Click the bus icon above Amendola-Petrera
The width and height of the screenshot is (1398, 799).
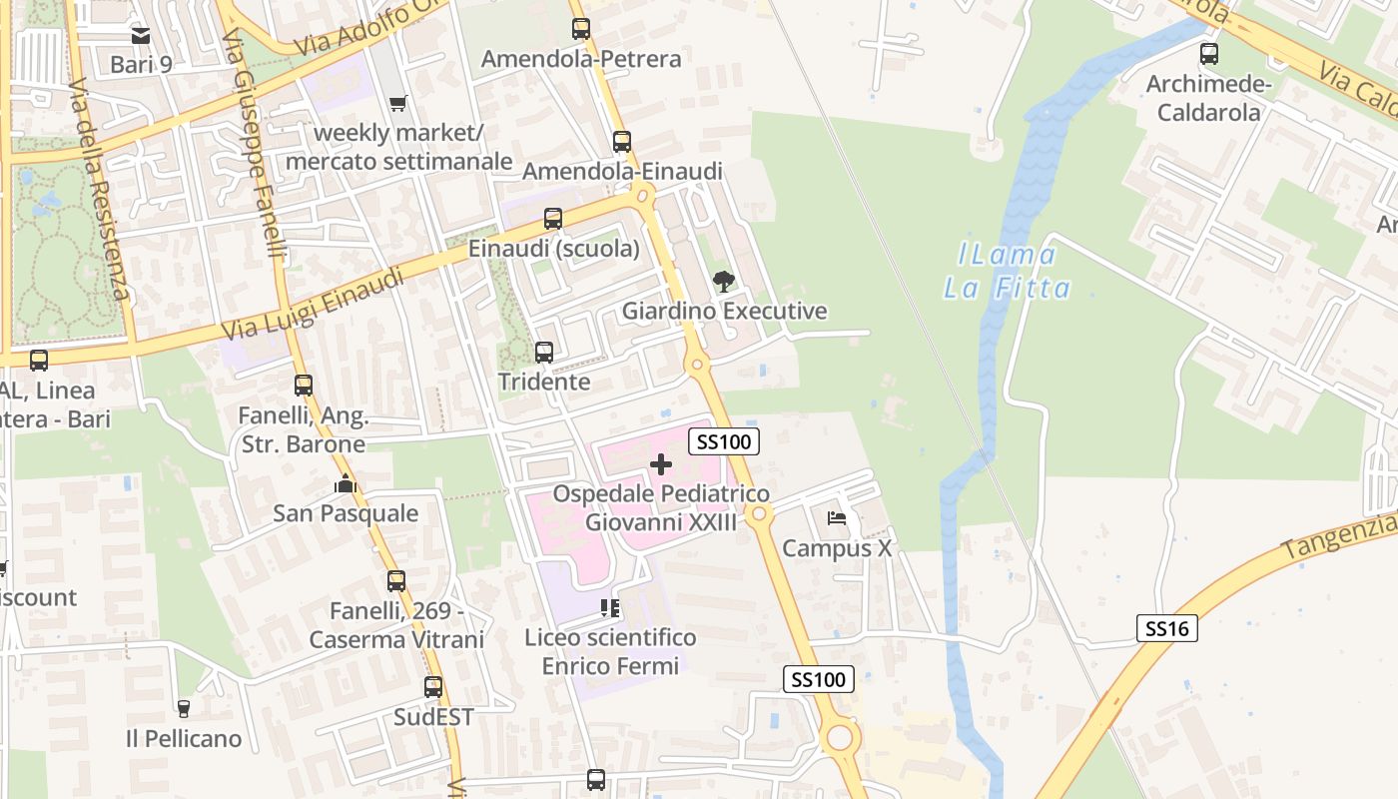tap(581, 29)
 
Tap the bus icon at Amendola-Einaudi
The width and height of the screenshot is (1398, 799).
tap(622, 142)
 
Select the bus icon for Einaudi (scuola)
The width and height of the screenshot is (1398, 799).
tap(553, 219)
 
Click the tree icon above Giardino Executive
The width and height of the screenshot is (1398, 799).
tap(724, 282)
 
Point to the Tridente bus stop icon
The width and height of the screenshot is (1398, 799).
tap(544, 353)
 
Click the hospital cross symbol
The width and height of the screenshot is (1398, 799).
tap(661, 464)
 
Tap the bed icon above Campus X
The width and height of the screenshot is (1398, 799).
tap(837, 518)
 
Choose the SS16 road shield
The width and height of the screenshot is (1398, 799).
tap(1166, 628)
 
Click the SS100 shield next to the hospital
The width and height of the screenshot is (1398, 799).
tap(727, 441)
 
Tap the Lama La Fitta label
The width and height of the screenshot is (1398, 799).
tap(1007, 272)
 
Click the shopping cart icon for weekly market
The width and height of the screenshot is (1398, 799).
tap(398, 103)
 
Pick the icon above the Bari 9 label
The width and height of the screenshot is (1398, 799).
tap(141, 36)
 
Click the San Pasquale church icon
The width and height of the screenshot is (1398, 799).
tap(346, 484)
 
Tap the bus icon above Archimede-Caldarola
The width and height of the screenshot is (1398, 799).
tap(1209, 54)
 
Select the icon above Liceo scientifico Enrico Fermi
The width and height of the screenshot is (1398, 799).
tap(610, 608)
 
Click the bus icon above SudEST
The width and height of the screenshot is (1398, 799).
tap(433, 687)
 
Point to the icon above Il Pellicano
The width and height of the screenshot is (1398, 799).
tap(184, 709)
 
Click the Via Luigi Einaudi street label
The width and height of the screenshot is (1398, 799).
tap(313, 303)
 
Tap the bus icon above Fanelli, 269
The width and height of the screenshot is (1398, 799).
tap(396, 580)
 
